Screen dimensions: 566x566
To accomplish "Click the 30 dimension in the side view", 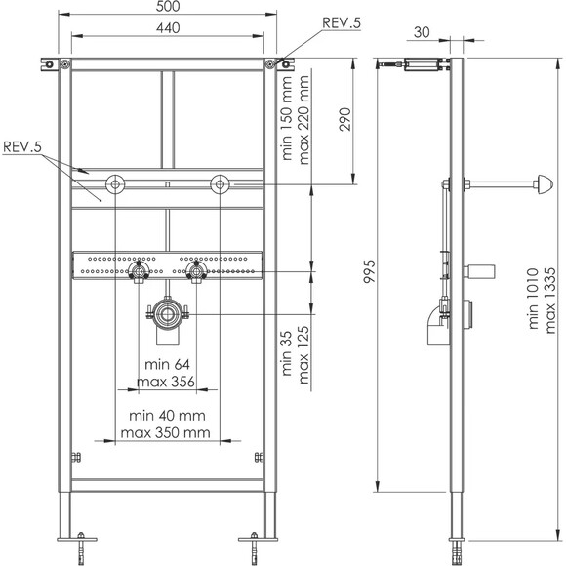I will pos(422,33).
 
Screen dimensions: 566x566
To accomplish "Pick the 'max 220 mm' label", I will pos(304,123).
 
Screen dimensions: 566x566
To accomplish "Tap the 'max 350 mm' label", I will pos(165,431).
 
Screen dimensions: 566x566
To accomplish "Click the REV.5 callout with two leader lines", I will pos(21,146).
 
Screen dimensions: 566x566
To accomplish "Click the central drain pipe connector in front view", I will pos(168,316).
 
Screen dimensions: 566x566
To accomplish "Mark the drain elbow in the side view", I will pos(435,322).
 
